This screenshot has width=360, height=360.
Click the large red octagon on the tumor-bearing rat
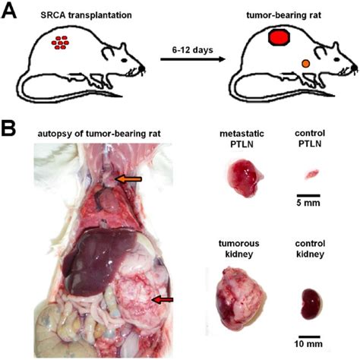(x=279, y=36)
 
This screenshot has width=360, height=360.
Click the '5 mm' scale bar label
(x=311, y=203)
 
